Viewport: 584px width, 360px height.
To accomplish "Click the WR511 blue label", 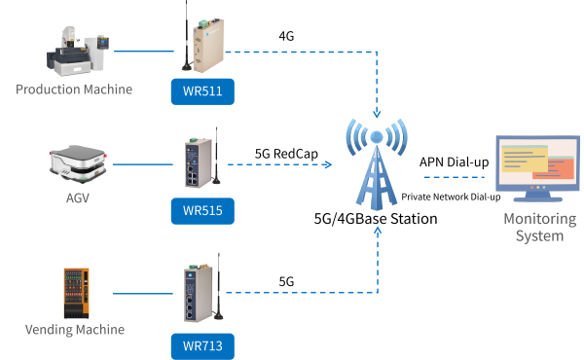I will pos(202,92).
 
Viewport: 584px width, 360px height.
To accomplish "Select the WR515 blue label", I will pos(202,211).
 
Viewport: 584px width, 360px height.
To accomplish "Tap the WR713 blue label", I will pos(202,343).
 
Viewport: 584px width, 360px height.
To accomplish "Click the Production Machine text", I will pos(74,90).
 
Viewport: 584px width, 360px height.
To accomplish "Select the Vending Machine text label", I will pos(74,330).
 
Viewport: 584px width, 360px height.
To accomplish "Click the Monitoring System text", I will pos(532,227).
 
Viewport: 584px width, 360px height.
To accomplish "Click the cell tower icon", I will pos(377,165).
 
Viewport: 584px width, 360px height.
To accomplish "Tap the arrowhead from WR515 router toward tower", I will pos(327,164).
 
